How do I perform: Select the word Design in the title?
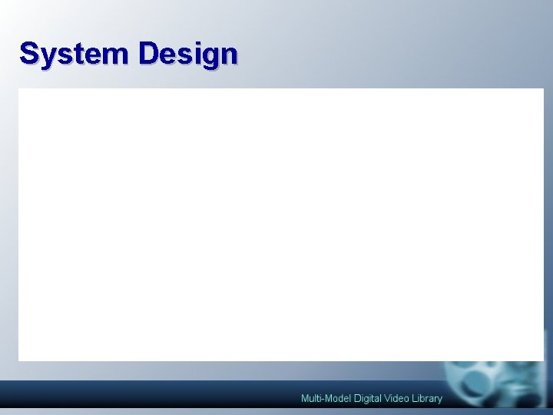[x=188, y=55]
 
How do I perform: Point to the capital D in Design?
[x=150, y=54]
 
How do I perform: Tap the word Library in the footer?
[x=427, y=398]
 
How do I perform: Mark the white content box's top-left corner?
[x=19, y=89]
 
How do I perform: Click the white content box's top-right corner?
[x=542, y=89]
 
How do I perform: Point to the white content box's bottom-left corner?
[x=19, y=360]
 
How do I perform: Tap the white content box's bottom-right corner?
[x=542, y=360]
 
